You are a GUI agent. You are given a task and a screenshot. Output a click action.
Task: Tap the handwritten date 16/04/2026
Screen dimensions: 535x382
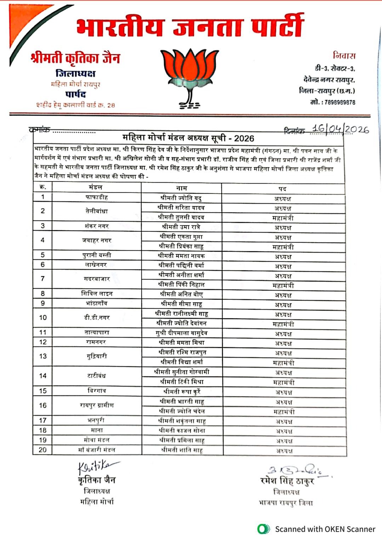340,129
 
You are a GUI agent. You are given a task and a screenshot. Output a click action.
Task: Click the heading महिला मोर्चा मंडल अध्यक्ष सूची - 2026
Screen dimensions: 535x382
188,138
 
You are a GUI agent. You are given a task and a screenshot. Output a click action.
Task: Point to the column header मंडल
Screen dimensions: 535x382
96,187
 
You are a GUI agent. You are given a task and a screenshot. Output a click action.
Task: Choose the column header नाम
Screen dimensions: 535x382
181,188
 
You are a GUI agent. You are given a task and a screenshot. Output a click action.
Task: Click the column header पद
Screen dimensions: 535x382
283,189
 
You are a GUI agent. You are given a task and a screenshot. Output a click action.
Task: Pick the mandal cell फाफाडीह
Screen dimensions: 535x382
96,197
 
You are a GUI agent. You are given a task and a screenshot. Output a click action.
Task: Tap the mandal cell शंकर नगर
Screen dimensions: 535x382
97,226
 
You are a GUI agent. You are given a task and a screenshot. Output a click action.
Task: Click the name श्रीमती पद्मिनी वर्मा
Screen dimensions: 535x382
181,265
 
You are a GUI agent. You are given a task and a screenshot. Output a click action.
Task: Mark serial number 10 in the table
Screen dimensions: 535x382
43,318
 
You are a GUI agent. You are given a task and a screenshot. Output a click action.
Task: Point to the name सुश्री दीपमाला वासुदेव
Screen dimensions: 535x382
182,333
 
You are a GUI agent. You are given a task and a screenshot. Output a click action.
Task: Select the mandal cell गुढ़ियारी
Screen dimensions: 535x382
97,356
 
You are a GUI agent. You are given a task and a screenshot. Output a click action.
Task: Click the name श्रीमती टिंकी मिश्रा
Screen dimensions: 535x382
182,382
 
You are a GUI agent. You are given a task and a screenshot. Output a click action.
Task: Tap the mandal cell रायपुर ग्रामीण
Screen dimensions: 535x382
97,405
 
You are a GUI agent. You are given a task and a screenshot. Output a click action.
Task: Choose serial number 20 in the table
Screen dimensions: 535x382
42,450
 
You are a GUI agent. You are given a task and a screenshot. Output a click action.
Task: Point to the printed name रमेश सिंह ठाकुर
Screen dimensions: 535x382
287,481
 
